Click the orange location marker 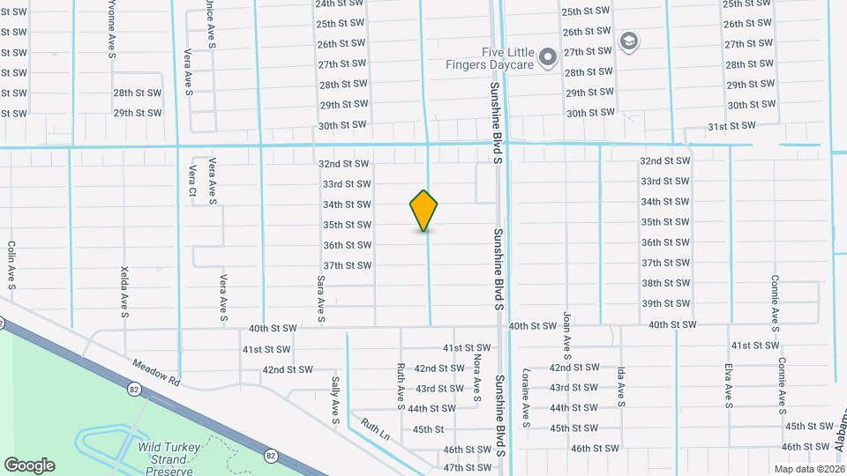(424, 210)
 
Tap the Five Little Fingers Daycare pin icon (547, 58)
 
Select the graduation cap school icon (628, 41)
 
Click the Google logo (29, 465)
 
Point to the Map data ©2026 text (809, 468)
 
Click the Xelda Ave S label (124, 290)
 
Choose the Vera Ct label (191, 182)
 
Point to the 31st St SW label (731, 126)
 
